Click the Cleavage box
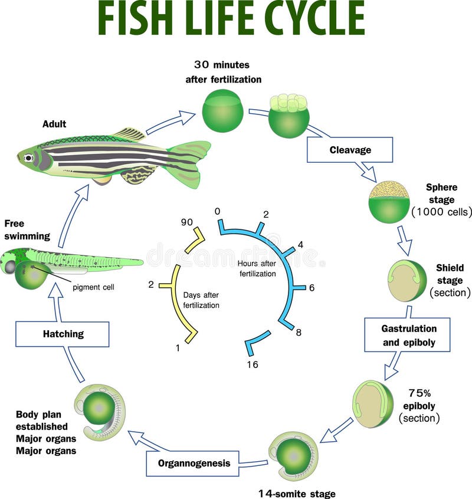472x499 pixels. [350, 150]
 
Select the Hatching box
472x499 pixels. [63, 334]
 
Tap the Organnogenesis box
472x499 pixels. [193, 463]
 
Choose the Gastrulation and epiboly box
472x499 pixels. [407, 335]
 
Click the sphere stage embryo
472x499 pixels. [389, 202]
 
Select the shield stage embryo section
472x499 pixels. [407, 280]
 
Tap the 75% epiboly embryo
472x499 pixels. [373, 403]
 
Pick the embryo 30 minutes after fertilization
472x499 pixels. [222, 110]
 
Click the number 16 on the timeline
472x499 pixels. [253, 365]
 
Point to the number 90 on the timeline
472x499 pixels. [187, 222]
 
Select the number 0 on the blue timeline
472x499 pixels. [218, 211]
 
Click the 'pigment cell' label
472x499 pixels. [93, 287]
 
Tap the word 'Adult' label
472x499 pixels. [54, 124]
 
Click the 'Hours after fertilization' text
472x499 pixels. [258, 268]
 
